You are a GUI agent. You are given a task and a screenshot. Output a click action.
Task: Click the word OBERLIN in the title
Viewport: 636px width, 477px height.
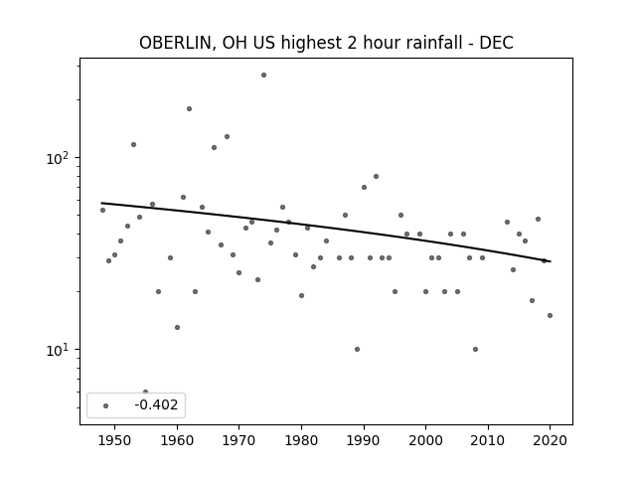[x=175, y=43]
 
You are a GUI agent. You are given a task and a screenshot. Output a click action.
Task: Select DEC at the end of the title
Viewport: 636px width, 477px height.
[x=497, y=43]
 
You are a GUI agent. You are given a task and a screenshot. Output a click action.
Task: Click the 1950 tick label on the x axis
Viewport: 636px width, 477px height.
[x=115, y=440]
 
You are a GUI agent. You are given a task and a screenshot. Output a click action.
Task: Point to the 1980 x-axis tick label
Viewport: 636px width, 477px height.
[x=301, y=440]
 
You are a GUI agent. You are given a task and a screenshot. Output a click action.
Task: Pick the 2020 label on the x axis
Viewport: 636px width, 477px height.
[x=550, y=440]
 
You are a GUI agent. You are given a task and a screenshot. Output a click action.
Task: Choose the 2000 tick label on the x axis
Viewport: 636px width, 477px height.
[x=426, y=440]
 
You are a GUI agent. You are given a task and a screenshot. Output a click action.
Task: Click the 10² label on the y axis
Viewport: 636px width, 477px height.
[x=57, y=157]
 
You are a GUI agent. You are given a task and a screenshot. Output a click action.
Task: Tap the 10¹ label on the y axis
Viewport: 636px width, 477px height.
[x=57, y=349]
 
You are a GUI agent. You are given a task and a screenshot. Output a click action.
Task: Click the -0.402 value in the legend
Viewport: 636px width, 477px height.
[x=156, y=404]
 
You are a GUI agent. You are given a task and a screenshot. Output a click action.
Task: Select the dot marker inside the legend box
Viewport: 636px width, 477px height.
[x=106, y=405]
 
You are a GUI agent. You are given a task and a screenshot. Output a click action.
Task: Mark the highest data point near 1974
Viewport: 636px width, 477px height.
[x=263, y=76]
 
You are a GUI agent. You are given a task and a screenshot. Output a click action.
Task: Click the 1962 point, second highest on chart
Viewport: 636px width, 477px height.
[x=189, y=108]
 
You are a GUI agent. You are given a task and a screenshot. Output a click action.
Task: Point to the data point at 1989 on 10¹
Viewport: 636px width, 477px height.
[x=357, y=349]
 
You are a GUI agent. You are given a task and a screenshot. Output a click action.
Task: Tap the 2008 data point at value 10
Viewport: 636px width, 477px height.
[x=475, y=349]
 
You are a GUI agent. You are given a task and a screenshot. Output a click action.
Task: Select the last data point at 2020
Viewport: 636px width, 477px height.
[x=550, y=316]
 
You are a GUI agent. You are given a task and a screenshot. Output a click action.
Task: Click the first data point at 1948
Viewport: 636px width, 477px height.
[x=102, y=210]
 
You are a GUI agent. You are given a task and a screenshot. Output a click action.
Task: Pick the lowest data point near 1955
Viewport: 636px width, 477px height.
[x=146, y=392]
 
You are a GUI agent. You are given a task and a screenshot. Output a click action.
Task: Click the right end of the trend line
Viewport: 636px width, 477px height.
[x=551, y=261]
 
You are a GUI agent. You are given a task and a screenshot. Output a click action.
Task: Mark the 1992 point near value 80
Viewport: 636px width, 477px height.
[x=376, y=177]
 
